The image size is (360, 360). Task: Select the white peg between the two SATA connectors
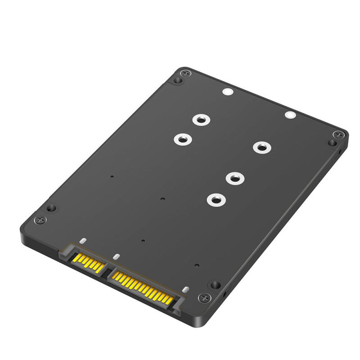116,257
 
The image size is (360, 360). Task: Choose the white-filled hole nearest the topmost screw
228,93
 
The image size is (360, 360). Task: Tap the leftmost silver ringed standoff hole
182,139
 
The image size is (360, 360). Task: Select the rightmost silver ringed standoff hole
261,147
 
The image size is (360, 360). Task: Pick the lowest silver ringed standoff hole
216,199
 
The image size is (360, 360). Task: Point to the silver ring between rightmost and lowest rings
234,178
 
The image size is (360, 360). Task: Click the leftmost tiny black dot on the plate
112,177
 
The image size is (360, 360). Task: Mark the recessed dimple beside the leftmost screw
52,208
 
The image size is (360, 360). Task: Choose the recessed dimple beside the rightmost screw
332,143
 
